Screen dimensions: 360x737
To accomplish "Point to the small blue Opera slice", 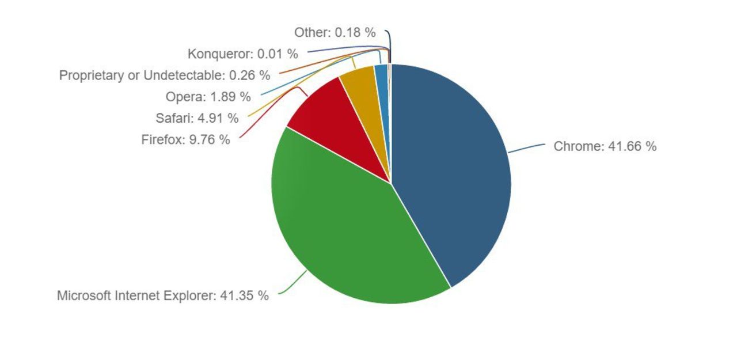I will click(382, 78).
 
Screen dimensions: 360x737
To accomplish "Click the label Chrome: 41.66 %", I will click(605, 146).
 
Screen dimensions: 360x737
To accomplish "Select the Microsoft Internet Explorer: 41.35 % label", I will click(162, 296).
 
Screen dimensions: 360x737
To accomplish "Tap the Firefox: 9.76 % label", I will click(185, 139).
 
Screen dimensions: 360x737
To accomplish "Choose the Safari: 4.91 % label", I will click(196, 119).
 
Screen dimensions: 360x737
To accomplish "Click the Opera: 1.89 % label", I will click(208, 96).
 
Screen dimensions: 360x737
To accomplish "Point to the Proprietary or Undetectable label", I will click(164, 75).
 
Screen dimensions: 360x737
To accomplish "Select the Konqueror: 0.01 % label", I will click(242, 54).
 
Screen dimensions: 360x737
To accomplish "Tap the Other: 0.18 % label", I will click(335, 33).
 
